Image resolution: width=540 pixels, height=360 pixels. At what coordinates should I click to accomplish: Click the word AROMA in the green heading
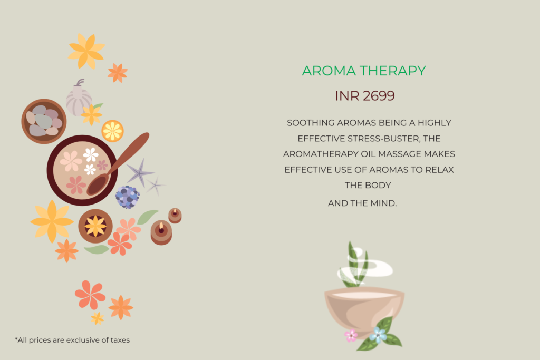[329, 71]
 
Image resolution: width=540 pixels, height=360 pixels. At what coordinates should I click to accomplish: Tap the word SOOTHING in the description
[311, 123]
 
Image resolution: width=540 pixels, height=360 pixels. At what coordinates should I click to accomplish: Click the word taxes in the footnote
[120, 340]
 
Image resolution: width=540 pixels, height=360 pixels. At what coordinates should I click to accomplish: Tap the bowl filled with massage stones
[44, 121]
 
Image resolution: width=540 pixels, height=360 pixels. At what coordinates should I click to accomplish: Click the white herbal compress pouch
[79, 99]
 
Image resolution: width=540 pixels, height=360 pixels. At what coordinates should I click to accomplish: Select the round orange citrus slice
[113, 131]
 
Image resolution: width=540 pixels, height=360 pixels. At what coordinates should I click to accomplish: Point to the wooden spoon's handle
[131, 150]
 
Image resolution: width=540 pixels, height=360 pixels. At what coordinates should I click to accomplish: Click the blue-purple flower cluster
[128, 197]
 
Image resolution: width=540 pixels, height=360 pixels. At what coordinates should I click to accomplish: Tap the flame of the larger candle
[161, 226]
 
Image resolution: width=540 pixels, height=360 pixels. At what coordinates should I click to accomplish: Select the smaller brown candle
[175, 216]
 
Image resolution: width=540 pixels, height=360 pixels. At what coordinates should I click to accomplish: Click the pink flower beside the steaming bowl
[351, 335]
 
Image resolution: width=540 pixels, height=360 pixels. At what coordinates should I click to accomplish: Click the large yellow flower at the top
[86, 51]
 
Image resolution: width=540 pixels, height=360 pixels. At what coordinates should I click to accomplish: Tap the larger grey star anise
[139, 173]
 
